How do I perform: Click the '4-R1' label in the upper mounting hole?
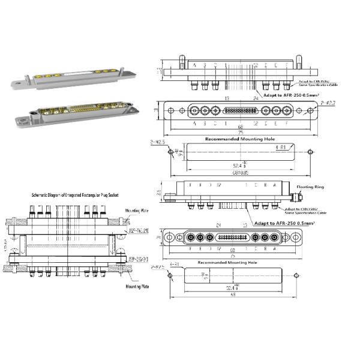click(280, 146)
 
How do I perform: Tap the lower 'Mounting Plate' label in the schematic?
click(137, 287)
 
